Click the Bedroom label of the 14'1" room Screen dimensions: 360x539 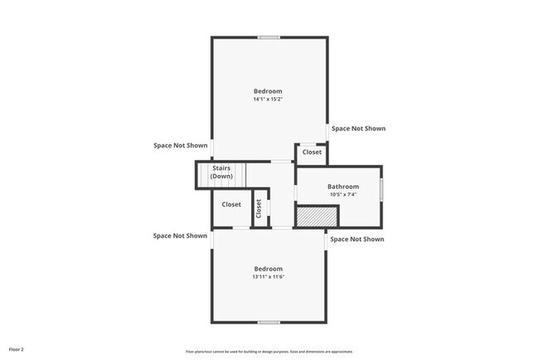[x=268, y=91]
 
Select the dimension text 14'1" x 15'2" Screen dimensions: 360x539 [x=268, y=100]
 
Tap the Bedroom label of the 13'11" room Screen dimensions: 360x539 [x=268, y=269]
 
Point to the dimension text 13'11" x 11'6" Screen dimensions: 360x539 [x=268, y=277]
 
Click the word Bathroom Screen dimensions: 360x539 [x=342, y=187]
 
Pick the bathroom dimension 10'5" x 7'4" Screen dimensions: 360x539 [x=342, y=195]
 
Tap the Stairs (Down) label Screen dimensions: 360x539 [x=221, y=173]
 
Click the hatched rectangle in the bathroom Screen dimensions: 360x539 [x=318, y=216]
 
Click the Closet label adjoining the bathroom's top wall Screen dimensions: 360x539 [x=312, y=153]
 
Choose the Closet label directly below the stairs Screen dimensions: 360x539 [x=231, y=204]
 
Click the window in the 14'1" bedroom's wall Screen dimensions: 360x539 [x=268, y=36]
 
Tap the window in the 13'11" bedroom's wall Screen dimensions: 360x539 [x=268, y=322]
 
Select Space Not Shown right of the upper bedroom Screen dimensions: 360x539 [x=358, y=129]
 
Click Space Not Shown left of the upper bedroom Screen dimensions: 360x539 [x=180, y=145]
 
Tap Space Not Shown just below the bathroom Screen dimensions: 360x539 [x=357, y=239]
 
